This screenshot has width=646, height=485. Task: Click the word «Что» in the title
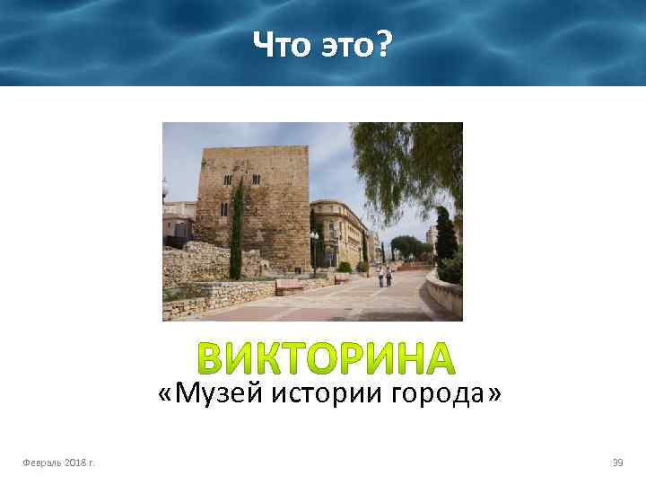[x=278, y=43]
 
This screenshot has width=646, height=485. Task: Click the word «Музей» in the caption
[x=213, y=393]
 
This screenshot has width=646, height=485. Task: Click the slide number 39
[x=617, y=462]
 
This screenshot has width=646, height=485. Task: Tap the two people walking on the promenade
[x=384, y=276]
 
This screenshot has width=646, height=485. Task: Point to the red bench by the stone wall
[x=289, y=287]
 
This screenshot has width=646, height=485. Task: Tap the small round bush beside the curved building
[x=345, y=267]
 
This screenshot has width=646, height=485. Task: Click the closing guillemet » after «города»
[x=492, y=393]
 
